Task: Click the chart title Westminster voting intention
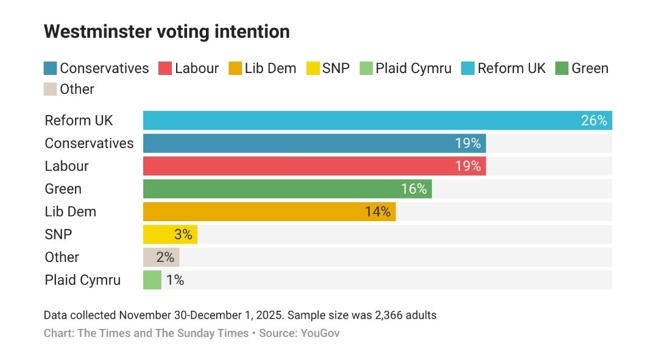[166, 32]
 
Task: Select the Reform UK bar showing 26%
[366, 121]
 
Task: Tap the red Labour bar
[305, 166]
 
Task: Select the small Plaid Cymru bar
[152, 280]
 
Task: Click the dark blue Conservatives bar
[305, 143]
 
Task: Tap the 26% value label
[594, 121]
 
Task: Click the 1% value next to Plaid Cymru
[175, 280]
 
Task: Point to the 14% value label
[378, 212]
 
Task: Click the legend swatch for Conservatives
[51, 68]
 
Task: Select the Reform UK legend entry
[511, 68]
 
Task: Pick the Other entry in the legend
[76, 90]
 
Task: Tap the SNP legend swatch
[313, 68]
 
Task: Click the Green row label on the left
[63, 189]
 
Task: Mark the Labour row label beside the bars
[66, 166]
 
